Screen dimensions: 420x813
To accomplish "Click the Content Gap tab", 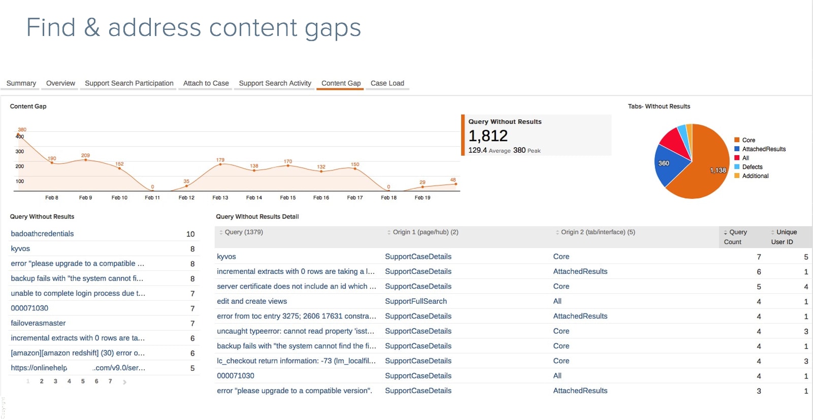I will tap(341, 83).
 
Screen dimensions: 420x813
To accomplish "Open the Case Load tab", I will tap(387, 83).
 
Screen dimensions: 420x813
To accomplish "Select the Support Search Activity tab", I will tap(275, 83).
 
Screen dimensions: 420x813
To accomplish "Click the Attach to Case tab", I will tap(206, 83).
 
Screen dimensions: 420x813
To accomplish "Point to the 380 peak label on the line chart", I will tap(22, 130).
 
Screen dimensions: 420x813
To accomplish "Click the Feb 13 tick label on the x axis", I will tap(220, 198).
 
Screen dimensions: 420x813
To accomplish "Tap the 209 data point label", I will tap(85, 156).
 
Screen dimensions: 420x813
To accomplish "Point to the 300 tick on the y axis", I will tap(20, 152).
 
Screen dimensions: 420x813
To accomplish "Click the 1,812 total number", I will tap(488, 136).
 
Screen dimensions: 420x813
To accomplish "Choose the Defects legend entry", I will tap(752, 167).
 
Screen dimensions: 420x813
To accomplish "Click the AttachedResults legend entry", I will tap(764, 149).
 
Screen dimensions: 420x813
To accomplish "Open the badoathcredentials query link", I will tap(42, 234).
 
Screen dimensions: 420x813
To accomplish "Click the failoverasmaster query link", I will tap(38, 323).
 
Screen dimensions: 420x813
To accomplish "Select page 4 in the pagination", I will tap(69, 381).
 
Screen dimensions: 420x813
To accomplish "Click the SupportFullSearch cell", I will tap(416, 301).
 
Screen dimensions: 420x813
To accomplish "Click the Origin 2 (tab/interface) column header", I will tap(598, 232).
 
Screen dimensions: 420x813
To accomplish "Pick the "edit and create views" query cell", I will tap(252, 301).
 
